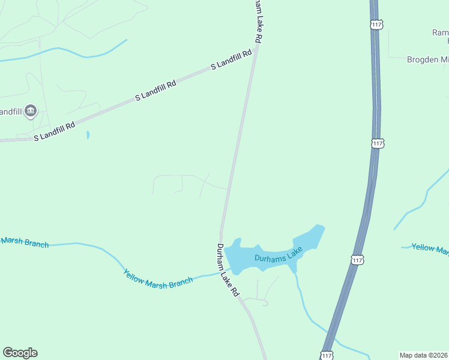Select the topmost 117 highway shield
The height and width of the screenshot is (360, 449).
tap(377, 24)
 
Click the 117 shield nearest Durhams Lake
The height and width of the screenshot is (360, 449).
tap(357, 260)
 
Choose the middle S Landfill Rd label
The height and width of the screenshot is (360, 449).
tap(155, 90)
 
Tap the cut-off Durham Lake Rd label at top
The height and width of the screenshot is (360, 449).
tap(257, 21)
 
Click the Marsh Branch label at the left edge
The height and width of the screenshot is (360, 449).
tap(24, 242)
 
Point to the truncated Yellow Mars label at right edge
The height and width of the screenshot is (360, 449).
tap(430, 248)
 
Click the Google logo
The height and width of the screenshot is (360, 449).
tap(20, 353)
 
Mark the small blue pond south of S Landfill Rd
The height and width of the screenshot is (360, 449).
tap(88, 135)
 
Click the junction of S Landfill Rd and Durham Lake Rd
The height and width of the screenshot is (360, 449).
tap(255, 50)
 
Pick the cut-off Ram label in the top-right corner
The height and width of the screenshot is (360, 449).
tap(440, 32)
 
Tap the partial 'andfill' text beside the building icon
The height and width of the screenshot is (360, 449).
tap(10, 112)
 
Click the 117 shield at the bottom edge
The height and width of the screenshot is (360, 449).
tap(327, 355)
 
